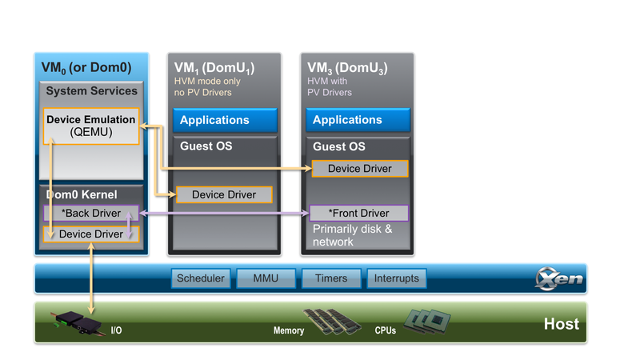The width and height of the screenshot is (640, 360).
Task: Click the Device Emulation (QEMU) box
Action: coord(91,126)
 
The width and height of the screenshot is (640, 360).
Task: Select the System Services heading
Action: coord(91,91)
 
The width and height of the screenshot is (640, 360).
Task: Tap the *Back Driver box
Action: coord(91,214)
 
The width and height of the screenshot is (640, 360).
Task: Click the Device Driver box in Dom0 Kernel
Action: coord(91,234)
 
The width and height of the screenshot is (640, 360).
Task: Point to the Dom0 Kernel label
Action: coord(81,194)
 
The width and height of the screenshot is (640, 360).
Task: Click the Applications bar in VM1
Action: coord(225,121)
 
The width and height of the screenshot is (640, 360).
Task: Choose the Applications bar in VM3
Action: coord(358,121)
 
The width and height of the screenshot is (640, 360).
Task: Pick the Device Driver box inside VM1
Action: coord(224,194)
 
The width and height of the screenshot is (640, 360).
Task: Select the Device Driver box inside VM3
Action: coord(359,169)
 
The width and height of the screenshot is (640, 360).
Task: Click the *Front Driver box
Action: coord(359,214)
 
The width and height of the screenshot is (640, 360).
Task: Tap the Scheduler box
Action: coord(201,278)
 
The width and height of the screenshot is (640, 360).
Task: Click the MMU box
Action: coord(265,278)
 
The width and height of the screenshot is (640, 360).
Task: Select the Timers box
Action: coord(330,278)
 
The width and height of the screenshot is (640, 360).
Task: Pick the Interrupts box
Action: coord(396,278)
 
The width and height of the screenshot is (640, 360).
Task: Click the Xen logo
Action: coord(559,279)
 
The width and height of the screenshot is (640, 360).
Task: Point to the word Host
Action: coord(561,324)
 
